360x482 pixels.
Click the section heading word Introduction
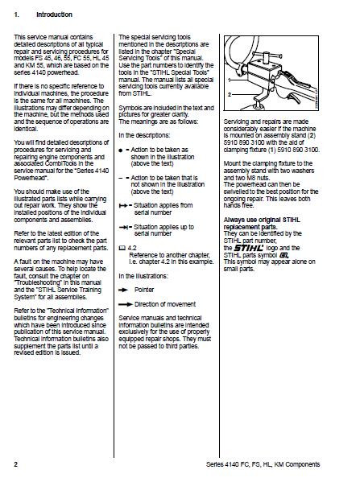pyautogui.click(x=54, y=14)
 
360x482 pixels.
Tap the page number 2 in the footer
pyautogui.click(x=15, y=464)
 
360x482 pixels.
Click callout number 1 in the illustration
pyautogui.click(x=230, y=80)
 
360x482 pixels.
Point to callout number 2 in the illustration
pyautogui.click(x=230, y=95)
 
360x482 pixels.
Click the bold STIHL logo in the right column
pyautogui.click(x=249, y=248)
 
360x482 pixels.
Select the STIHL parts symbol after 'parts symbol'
pyautogui.click(x=283, y=255)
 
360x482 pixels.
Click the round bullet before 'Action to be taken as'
pyautogui.click(x=121, y=150)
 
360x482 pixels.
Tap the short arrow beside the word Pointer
pyautogui.click(x=123, y=290)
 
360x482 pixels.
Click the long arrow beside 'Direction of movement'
pyautogui.click(x=126, y=304)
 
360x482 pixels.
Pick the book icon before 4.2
pyautogui.click(x=122, y=248)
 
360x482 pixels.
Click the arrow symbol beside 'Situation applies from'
pyautogui.click(x=124, y=205)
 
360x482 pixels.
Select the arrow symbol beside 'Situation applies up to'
pyautogui.click(x=124, y=227)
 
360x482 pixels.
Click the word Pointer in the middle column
pyautogui.click(x=144, y=290)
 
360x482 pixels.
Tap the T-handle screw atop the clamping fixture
pyautogui.click(x=267, y=56)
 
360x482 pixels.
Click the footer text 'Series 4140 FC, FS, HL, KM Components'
pyautogui.click(x=263, y=464)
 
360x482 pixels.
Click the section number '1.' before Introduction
pyautogui.click(x=16, y=14)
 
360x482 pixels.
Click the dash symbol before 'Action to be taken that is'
pyautogui.click(x=120, y=178)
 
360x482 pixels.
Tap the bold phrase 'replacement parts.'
pyautogui.click(x=250, y=227)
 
